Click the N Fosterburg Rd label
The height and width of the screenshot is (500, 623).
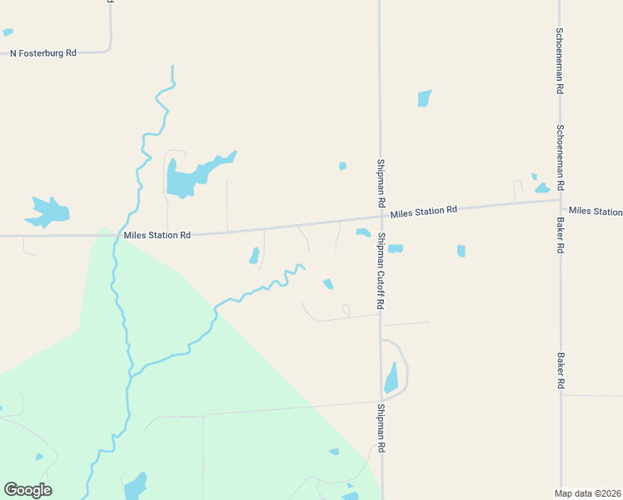coord(42,52)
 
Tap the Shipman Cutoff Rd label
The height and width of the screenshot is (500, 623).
coord(381,272)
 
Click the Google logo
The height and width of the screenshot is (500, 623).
coord(28,490)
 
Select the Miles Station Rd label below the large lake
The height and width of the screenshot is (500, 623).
coord(157,235)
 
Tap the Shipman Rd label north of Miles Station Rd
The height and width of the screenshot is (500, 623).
coord(381,183)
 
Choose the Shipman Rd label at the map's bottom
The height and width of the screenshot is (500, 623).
coord(381,428)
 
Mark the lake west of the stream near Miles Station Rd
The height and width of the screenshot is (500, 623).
coord(47,212)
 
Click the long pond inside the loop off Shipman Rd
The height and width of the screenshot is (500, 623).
coord(391,377)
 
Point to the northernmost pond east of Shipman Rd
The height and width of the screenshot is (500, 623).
coord(425,97)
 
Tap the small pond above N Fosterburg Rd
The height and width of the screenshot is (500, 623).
coord(7,32)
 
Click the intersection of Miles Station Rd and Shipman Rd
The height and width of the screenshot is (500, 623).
coord(381,218)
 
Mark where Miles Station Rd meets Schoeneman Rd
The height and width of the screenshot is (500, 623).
coord(561,200)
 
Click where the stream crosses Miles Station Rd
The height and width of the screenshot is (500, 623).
coord(113,236)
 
